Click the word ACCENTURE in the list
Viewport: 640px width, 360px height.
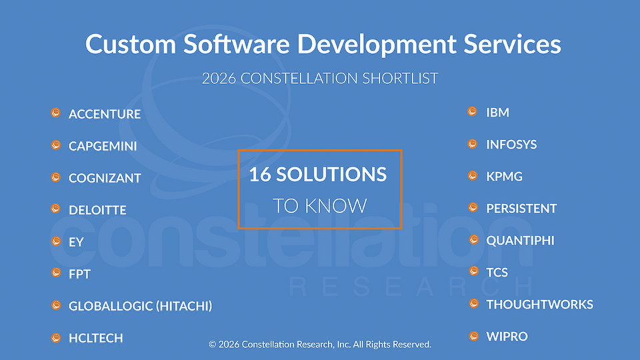[105, 114]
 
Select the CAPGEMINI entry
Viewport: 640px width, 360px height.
[103, 146]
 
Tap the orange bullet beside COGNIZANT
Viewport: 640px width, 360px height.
[56, 177]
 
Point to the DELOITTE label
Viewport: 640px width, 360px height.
[97, 210]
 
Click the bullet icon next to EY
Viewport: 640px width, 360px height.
[56, 241]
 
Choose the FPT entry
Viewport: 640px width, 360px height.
[79, 274]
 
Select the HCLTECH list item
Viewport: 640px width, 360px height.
[96, 338]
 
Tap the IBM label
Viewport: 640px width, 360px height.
[497, 112]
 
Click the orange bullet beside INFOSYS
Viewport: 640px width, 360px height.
[473, 144]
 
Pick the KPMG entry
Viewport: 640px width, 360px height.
[504, 176]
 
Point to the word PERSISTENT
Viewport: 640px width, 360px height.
[521, 209]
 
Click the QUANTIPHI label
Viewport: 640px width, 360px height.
[521, 241]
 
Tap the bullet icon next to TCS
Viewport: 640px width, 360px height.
[474, 271]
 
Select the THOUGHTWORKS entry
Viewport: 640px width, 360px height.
[539, 305]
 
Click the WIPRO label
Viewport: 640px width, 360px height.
[507, 336]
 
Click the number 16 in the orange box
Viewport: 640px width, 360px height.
[260, 174]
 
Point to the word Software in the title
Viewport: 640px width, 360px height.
[236, 44]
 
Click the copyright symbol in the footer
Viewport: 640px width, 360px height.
[212, 345]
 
